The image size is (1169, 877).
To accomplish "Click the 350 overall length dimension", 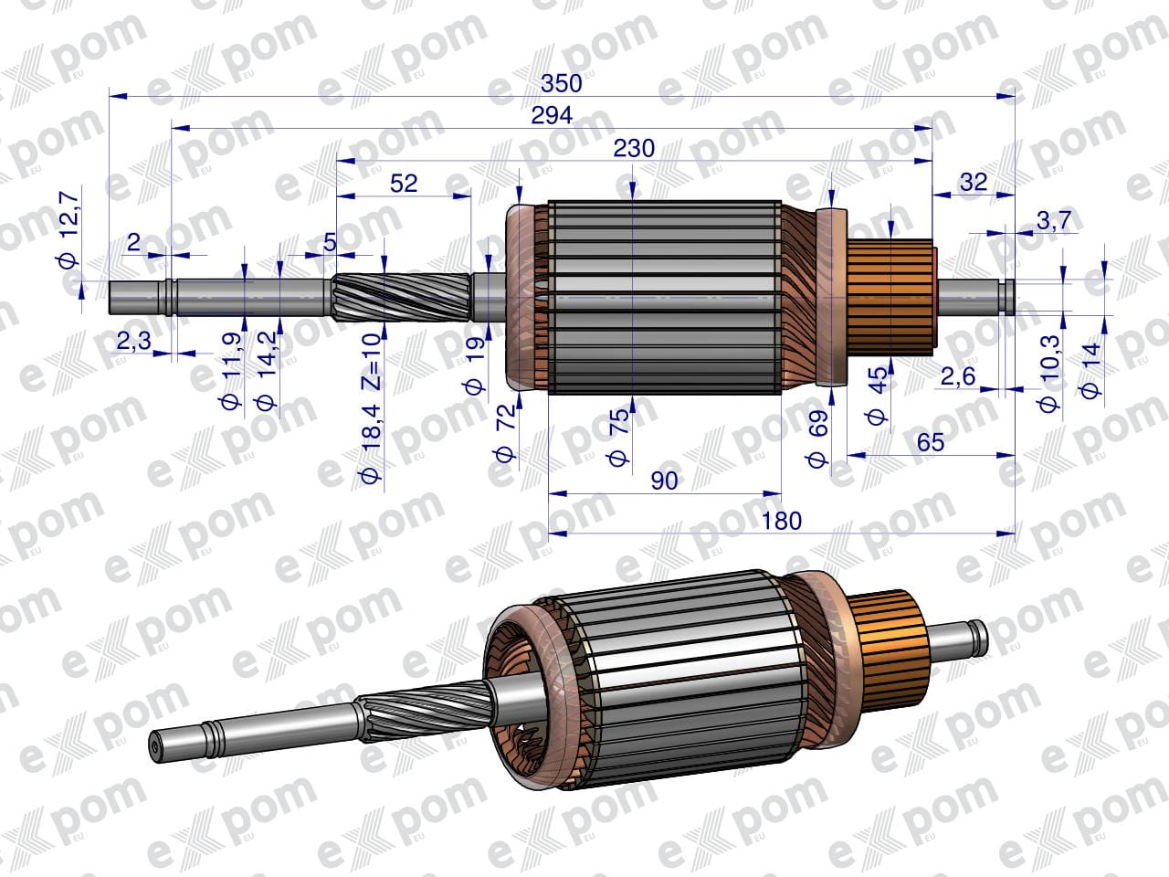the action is [562, 84].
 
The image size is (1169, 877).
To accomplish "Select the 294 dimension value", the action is [552, 115].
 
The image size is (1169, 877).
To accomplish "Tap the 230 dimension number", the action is [634, 149].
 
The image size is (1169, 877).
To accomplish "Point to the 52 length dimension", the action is [404, 184].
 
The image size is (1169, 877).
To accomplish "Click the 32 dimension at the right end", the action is [974, 183].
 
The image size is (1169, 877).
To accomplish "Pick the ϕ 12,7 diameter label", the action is [69, 230].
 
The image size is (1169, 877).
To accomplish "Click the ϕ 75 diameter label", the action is [618, 438].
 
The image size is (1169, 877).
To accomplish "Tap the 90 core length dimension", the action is [664, 481].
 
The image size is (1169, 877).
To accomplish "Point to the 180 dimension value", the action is [781, 521].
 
